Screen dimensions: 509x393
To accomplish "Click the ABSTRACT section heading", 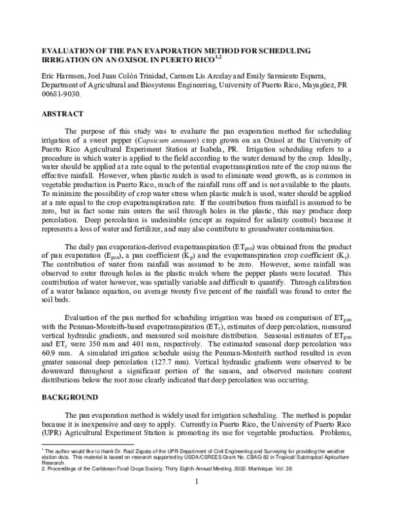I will click(x=63, y=113).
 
